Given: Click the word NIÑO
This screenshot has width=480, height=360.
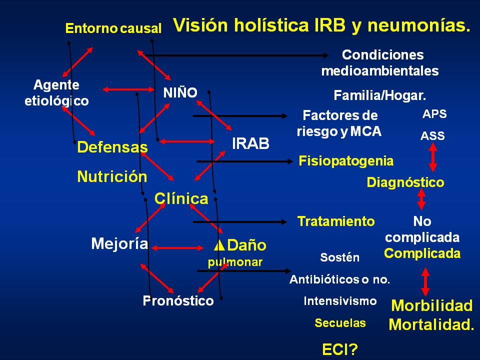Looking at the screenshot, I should (x=180, y=92).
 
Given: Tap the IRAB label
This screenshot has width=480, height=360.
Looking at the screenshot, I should (x=251, y=144).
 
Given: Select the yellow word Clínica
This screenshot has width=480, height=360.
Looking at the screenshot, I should (x=181, y=198).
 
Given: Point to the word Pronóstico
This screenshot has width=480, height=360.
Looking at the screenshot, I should (x=178, y=301).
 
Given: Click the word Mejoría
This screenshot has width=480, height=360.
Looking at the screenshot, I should (x=119, y=243).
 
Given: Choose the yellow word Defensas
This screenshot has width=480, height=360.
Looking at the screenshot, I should (x=112, y=147).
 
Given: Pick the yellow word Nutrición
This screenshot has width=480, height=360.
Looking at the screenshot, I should (x=112, y=176).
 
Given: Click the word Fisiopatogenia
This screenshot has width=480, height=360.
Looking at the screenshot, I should (x=346, y=161).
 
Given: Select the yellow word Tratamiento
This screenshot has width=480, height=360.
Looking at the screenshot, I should (x=336, y=221).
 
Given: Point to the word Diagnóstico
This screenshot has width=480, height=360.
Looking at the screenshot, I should (x=405, y=182).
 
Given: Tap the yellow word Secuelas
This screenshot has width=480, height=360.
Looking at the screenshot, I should (x=340, y=323).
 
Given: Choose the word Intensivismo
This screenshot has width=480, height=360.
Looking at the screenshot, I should (x=340, y=301).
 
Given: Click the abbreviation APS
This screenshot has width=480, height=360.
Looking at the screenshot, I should (x=434, y=114).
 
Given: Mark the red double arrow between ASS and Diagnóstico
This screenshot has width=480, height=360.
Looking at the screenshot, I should (x=433, y=158).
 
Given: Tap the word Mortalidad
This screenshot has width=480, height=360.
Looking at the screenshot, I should (x=431, y=325).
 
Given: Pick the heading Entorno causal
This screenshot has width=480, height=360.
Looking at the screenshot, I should (x=113, y=28).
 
